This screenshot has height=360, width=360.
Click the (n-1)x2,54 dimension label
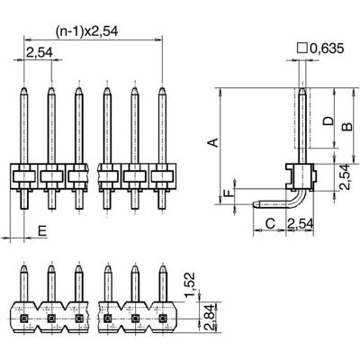(87, 31)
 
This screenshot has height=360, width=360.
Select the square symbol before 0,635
(302, 48)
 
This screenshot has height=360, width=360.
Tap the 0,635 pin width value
(327, 49)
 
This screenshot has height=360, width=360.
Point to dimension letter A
(213, 142)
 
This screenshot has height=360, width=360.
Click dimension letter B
(347, 127)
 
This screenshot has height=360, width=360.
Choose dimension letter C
(270, 223)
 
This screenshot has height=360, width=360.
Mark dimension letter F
(229, 192)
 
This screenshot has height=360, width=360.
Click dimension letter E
(42, 231)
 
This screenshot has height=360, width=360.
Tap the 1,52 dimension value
(190, 284)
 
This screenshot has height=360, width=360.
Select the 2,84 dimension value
(209, 318)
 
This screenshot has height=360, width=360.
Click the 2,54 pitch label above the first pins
(40, 52)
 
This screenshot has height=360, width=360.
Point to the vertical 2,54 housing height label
(345, 176)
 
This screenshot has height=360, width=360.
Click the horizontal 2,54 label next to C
(301, 223)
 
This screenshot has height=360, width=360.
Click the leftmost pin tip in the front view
(24, 88)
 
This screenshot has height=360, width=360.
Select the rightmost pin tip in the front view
(162, 88)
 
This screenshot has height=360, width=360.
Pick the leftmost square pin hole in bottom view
(24, 318)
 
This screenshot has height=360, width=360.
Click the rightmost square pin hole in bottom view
(163, 318)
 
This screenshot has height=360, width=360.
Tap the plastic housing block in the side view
(301, 177)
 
